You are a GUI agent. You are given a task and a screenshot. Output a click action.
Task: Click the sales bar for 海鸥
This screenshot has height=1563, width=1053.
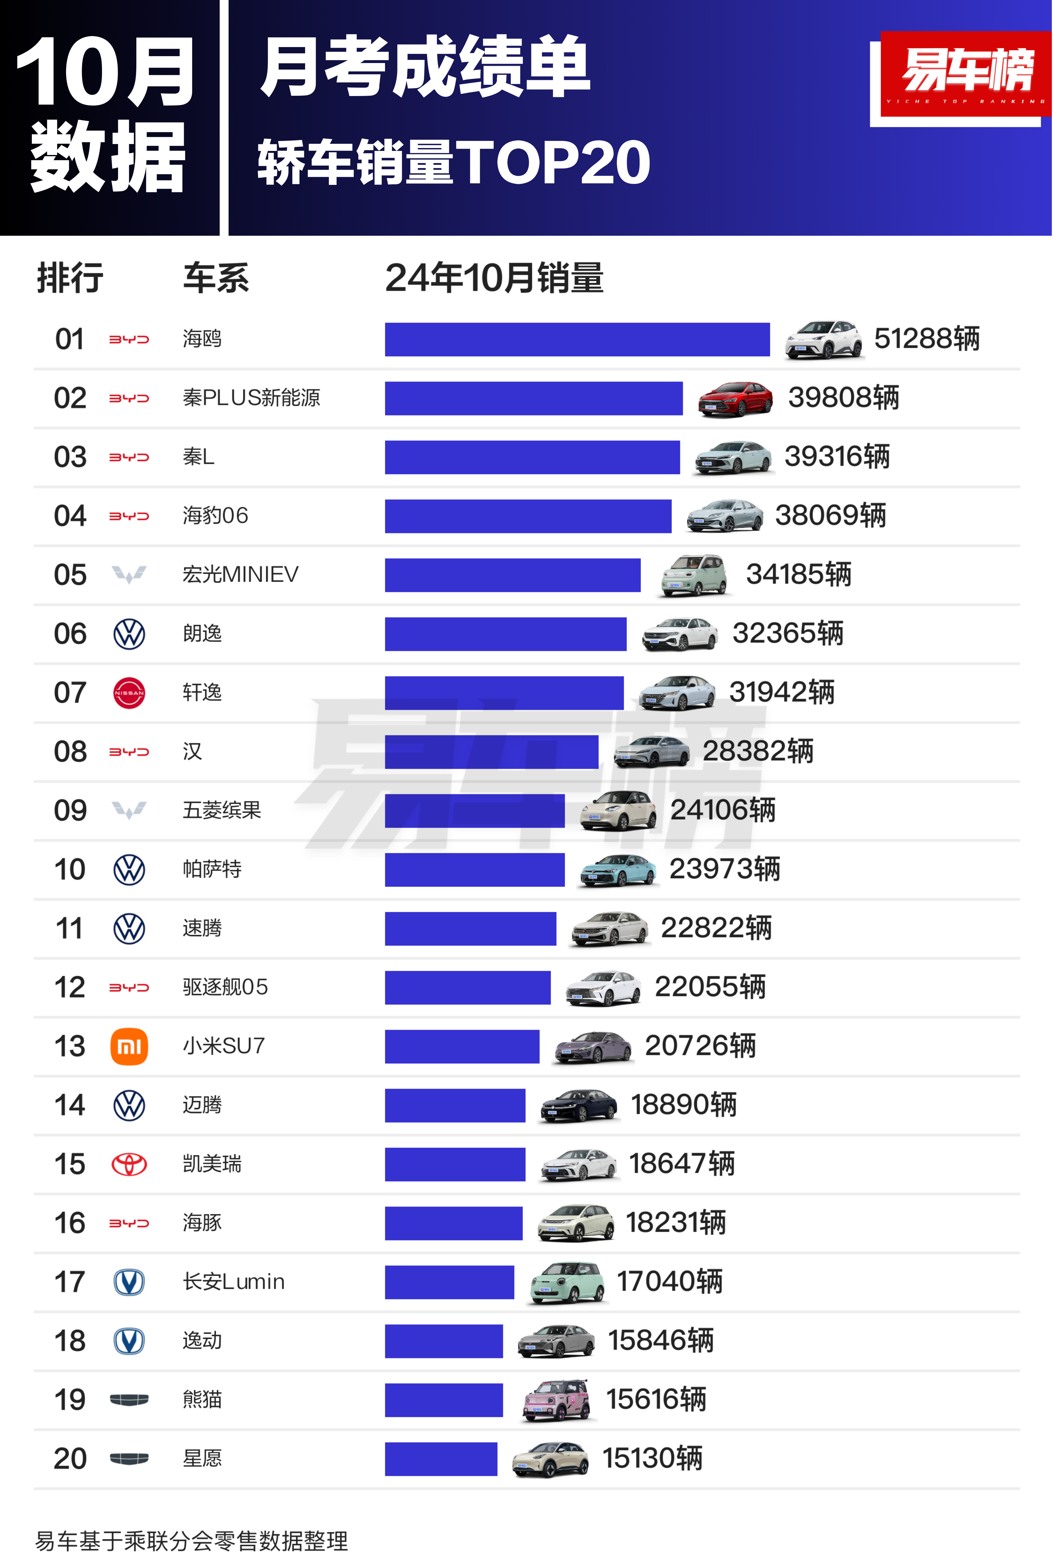(x=577, y=340)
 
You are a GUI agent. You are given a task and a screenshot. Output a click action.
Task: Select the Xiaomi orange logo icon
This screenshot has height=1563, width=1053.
(x=129, y=1046)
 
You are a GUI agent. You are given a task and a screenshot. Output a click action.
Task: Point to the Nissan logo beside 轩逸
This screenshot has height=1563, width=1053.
(x=129, y=692)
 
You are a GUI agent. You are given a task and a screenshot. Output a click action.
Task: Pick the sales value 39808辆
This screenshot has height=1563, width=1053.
(x=843, y=398)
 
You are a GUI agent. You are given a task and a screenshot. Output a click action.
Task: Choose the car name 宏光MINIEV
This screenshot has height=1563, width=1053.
(x=241, y=574)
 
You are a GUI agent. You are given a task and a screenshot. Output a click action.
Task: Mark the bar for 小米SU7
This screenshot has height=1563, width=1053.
(x=462, y=1046)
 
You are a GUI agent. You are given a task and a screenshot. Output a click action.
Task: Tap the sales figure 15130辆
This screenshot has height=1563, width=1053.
(x=652, y=1458)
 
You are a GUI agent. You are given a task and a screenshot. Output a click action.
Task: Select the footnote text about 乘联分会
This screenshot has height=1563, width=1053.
(x=191, y=1541)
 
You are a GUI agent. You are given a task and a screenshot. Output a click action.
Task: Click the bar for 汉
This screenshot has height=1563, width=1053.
(x=492, y=752)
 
